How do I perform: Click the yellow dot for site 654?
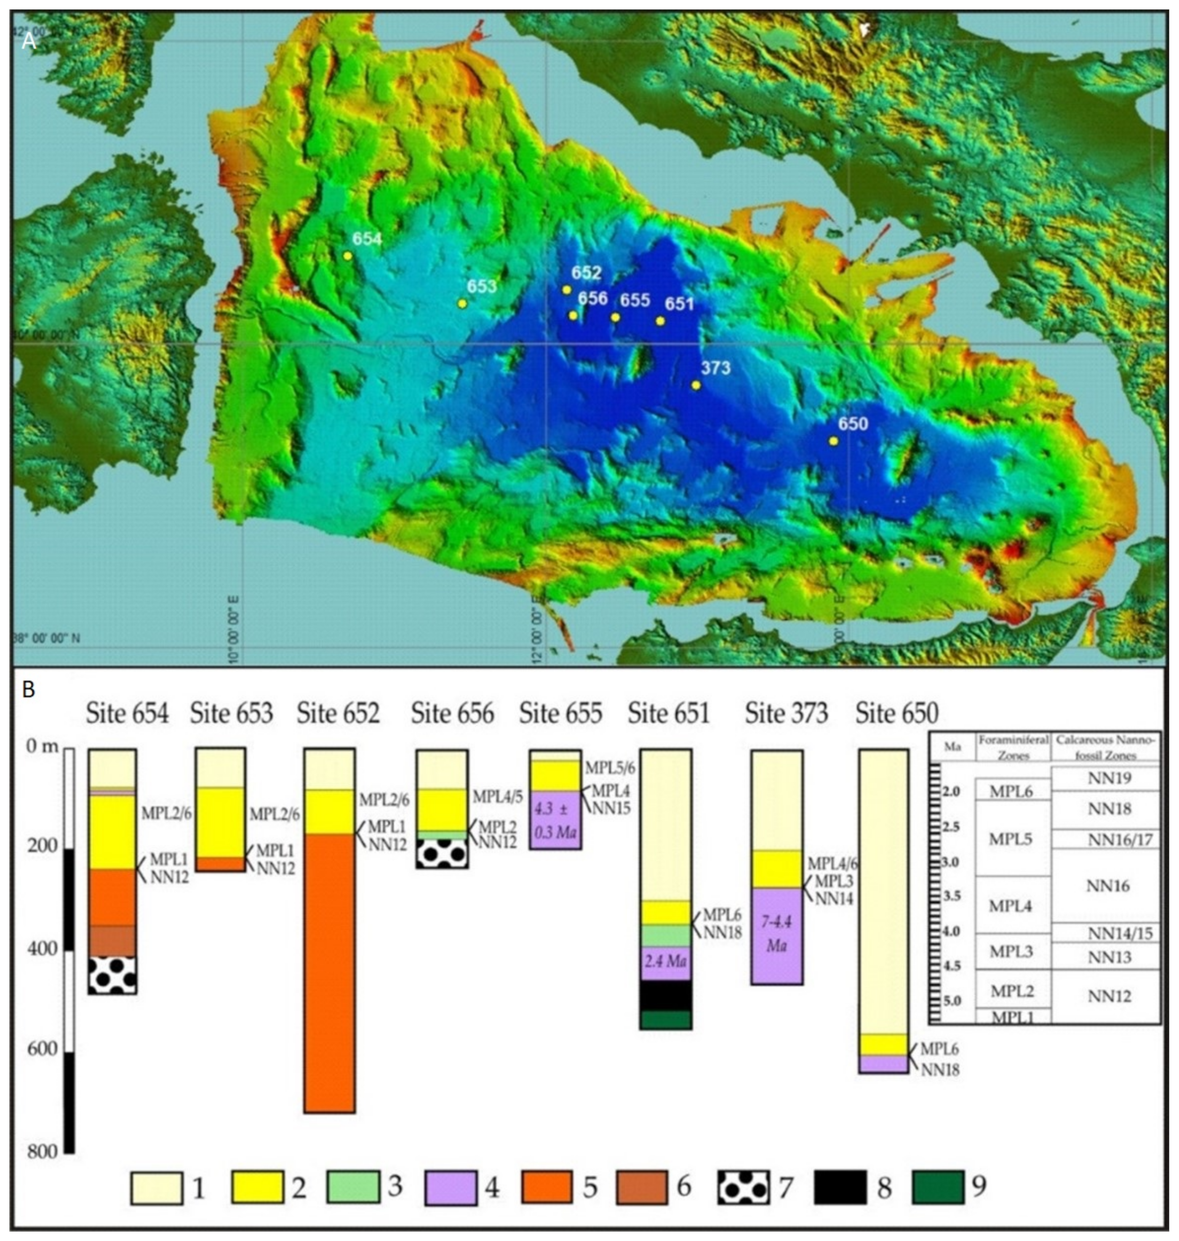pyautogui.click(x=347, y=256)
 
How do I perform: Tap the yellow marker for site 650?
pyautogui.click(x=833, y=441)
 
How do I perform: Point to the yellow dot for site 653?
pyautogui.click(x=463, y=304)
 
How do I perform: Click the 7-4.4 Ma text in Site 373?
pyautogui.click(x=777, y=933)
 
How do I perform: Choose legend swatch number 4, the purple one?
pyautogui.click(x=450, y=1187)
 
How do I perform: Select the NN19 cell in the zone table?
pyautogui.click(x=1107, y=778)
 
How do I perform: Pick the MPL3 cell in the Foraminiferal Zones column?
pyautogui.click(x=1011, y=951)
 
